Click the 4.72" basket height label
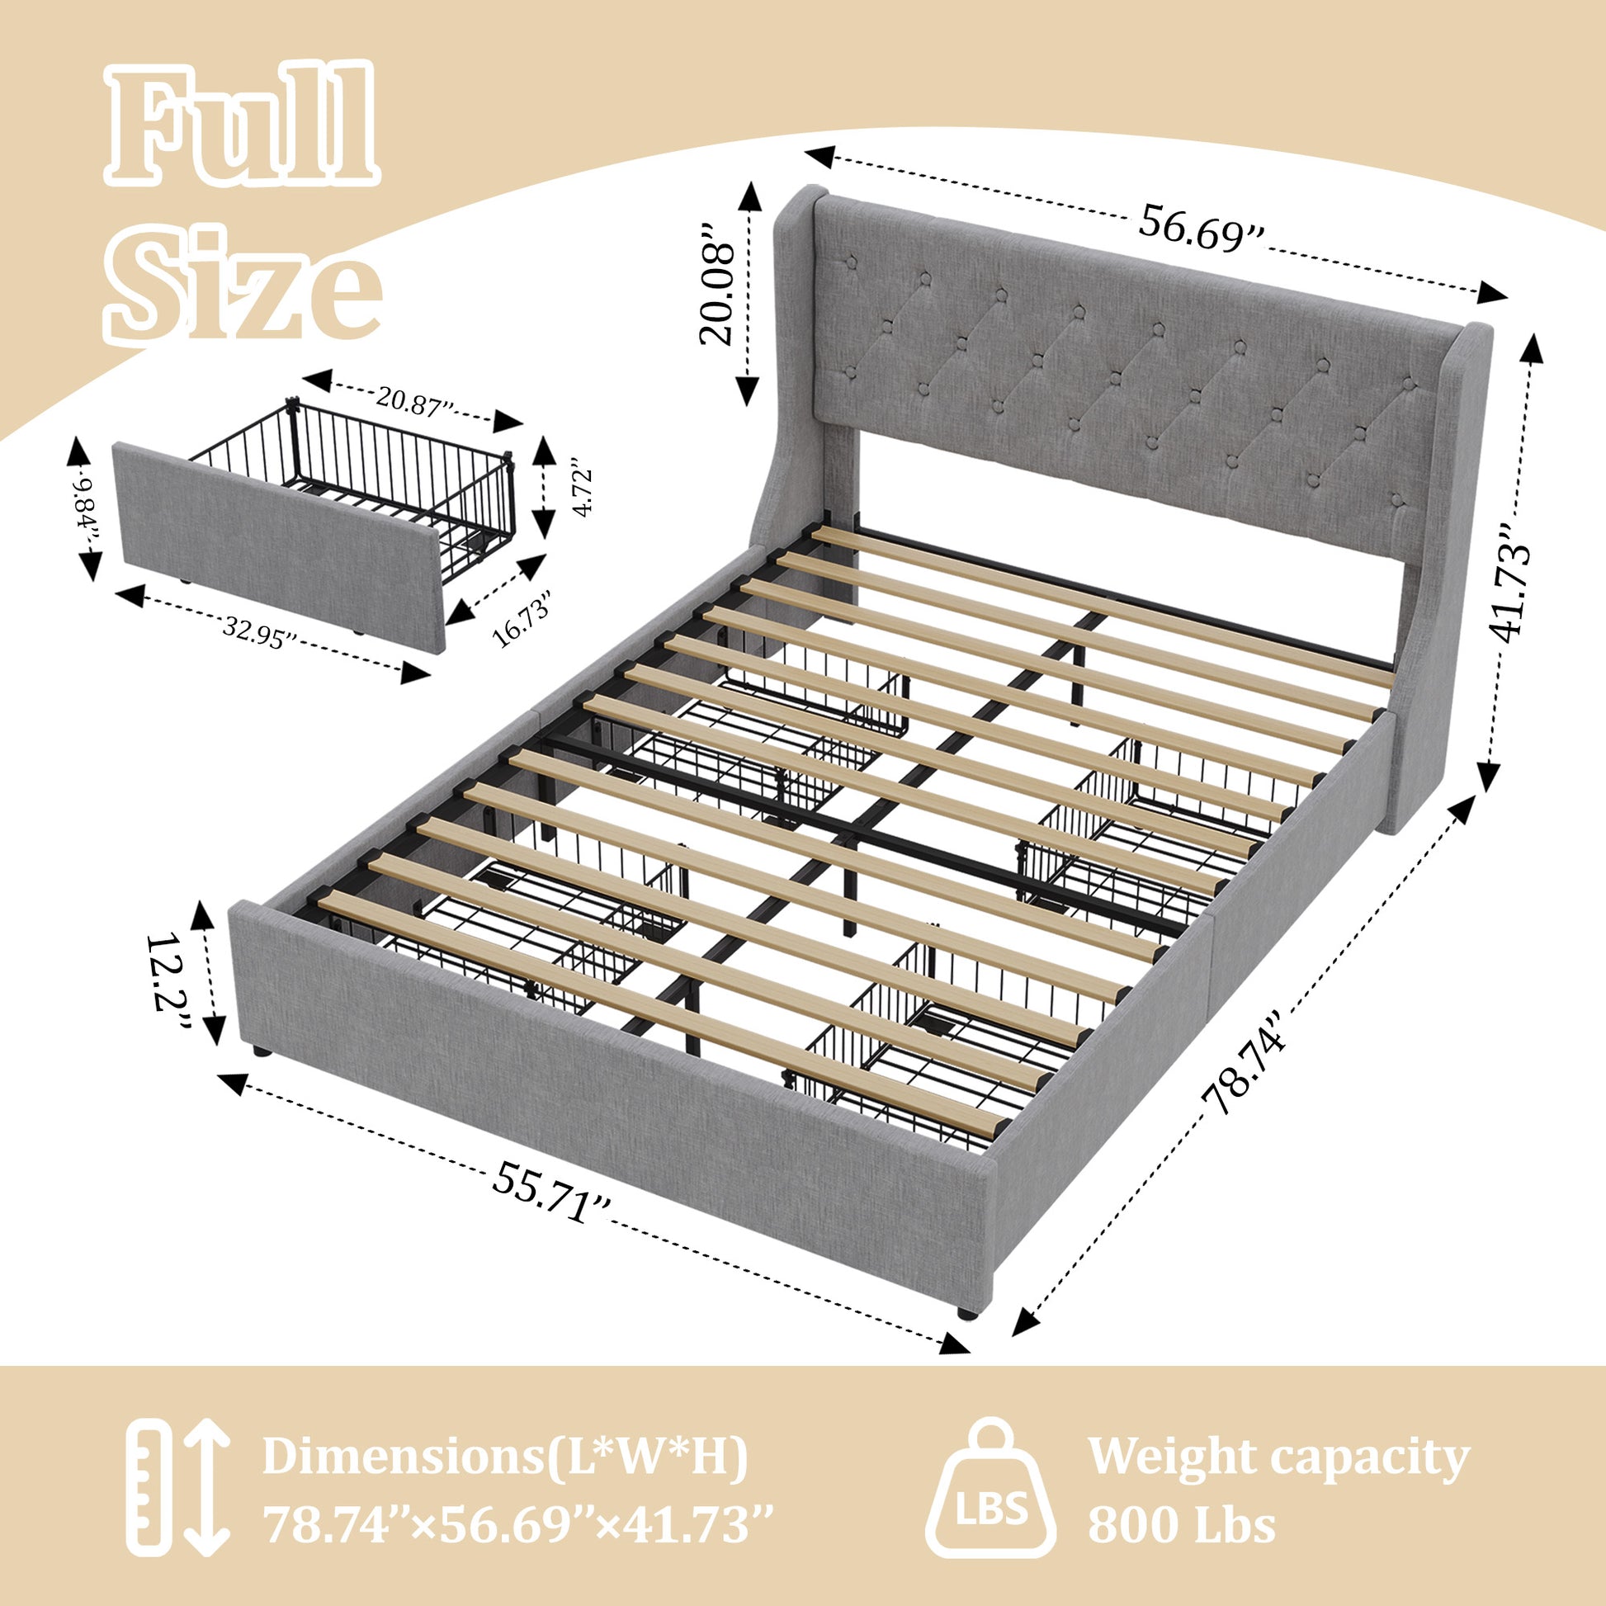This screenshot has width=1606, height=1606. click(583, 492)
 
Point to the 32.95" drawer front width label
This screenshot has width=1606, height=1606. click(258, 637)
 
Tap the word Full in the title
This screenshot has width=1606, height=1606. click(240, 129)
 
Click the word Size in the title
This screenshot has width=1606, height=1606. click(240, 282)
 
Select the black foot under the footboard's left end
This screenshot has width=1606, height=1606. click(262, 1051)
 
